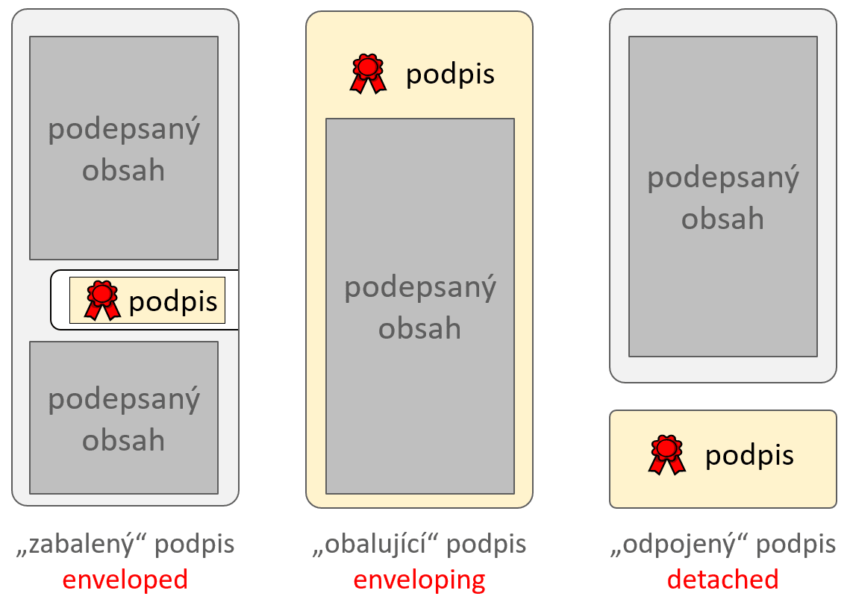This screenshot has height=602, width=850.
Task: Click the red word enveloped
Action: pos(125,580)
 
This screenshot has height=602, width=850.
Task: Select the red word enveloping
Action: pos(419,580)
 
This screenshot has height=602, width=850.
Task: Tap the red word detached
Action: pos(722,580)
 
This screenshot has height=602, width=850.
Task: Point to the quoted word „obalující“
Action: pos(378,545)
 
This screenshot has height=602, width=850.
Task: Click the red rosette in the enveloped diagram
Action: pos(102,300)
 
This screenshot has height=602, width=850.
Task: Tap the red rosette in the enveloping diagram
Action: pos(368,73)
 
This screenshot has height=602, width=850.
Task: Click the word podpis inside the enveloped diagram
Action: pos(173,301)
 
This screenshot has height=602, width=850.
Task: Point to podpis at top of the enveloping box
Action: pos(450,75)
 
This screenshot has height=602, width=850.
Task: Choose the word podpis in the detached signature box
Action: pos(749,456)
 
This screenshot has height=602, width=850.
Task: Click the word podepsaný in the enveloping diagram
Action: pos(420,288)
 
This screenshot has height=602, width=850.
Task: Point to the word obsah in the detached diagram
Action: pos(722,219)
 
